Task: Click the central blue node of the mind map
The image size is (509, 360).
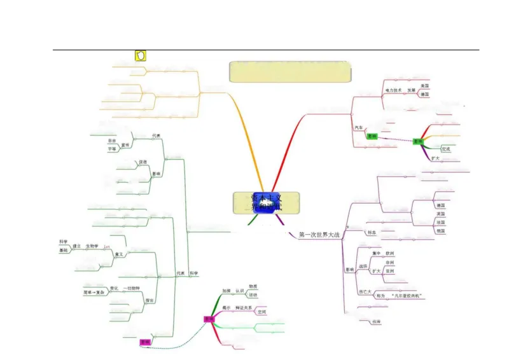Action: point(266,203)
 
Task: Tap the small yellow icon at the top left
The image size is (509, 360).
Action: point(141,55)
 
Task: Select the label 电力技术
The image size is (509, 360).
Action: point(394,90)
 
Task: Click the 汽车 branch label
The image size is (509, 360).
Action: point(359,128)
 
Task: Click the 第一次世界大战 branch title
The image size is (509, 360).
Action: point(319,235)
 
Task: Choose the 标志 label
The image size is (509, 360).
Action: point(371,232)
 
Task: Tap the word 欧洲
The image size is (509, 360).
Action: point(390,253)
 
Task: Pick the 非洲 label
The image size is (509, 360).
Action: point(390,262)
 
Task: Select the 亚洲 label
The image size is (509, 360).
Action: point(390,271)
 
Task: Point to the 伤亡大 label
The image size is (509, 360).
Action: point(366,292)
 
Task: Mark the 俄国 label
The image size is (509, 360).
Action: point(441,231)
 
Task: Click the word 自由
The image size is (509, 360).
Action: point(112,141)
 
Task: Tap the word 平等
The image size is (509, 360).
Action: point(112,149)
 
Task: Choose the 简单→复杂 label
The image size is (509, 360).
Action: point(94,292)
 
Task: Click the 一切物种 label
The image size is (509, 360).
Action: point(132,288)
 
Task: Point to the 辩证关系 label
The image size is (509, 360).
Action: point(244,308)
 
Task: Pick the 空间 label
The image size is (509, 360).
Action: point(261,312)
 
